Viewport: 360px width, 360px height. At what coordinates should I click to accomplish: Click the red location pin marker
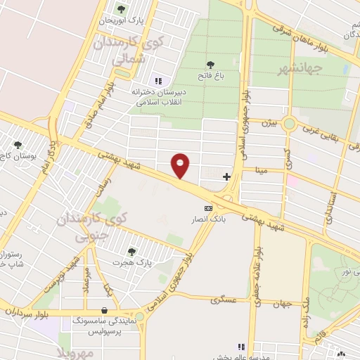pos(181,166)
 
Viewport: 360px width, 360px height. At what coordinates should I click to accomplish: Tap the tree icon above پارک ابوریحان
pos(121,10)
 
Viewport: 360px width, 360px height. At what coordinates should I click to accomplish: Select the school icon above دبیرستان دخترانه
pos(157,81)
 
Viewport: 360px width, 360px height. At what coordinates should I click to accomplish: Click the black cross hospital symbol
pos(226,176)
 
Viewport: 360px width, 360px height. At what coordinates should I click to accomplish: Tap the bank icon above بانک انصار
pos(207,209)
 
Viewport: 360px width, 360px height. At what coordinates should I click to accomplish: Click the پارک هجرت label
pos(131,262)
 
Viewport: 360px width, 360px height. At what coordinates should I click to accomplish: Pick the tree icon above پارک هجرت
pos(131,250)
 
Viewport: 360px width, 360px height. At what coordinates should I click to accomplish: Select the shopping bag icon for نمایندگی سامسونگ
pos(105,309)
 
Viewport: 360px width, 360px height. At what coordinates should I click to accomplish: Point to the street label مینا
pos(271,169)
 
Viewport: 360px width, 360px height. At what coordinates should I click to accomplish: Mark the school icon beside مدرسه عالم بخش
pos(241,346)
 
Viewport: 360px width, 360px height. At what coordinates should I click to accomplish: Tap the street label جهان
pos(282,304)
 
